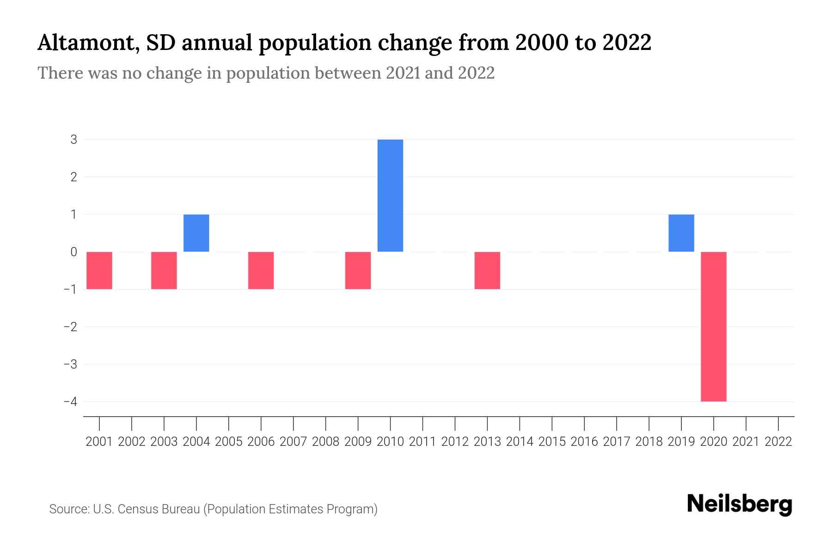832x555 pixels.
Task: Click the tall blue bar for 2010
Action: (x=390, y=195)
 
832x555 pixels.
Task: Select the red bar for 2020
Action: (x=713, y=327)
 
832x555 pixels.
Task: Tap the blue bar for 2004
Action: (x=196, y=233)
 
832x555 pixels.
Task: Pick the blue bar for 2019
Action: (x=681, y=233)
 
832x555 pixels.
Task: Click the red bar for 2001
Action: (x=99, y=271)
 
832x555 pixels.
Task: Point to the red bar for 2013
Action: (x=487, y=271)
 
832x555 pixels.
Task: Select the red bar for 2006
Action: (x=261, y=271)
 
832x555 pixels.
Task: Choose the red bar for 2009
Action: (x=358, y=271)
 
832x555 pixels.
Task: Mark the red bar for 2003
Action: (x=164, y=271)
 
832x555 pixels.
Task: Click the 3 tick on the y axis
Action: (x=74, y=139)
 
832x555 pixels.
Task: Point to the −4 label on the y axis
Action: (x=71, y=401)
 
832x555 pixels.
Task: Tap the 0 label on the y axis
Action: (x=74, y=252)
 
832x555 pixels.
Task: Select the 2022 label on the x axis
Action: (x=778, y=442)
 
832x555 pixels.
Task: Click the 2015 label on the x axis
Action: (x=552, y=442)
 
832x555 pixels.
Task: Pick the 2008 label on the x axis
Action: (x=326, y=442)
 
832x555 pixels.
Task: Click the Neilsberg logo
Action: (x=740, y=504)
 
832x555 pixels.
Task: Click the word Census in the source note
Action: (x=137, y=509)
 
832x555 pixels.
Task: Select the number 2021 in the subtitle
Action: (x=403, y=73)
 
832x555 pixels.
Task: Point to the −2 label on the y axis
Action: (x=71, y=327)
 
